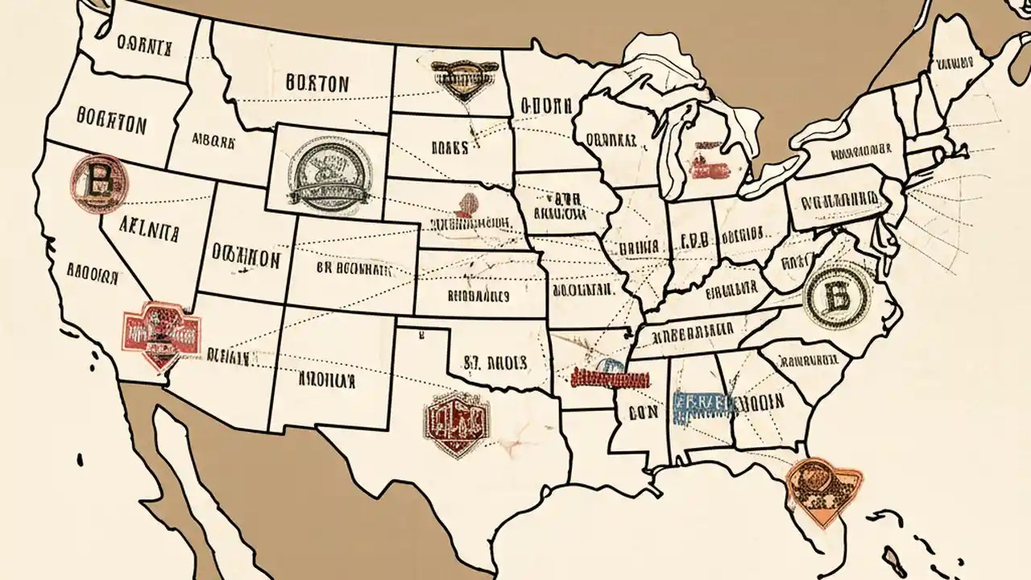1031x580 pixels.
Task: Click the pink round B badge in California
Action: click(x=99, y=183)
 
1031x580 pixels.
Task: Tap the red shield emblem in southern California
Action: click(x=161, y=330)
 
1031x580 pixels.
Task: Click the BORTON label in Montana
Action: click(x=317, y=82)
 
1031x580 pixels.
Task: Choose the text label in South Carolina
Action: click(x=805, y=356)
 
